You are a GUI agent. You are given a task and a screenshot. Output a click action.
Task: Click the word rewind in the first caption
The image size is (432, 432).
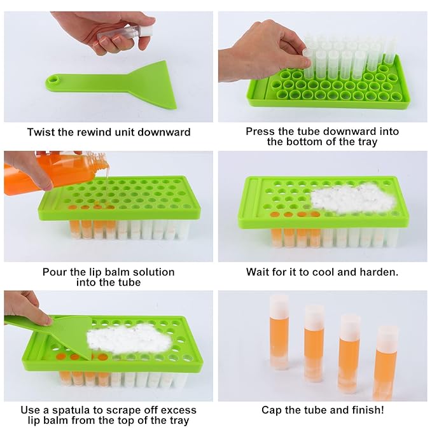pyautogui.click(x=95, y=132)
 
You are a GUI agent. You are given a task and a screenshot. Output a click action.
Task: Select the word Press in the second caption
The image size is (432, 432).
pyautogui.click(x=260, y=132)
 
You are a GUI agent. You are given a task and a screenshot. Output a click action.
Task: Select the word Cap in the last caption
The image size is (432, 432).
pyautogui.click(x=272, y=410)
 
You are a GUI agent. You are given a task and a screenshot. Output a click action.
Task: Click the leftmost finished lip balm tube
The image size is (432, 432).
pyautogui.click(x=279, y=331)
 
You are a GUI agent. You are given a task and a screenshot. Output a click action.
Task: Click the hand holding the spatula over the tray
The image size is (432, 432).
pyautogui.click(x=25, y=307)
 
